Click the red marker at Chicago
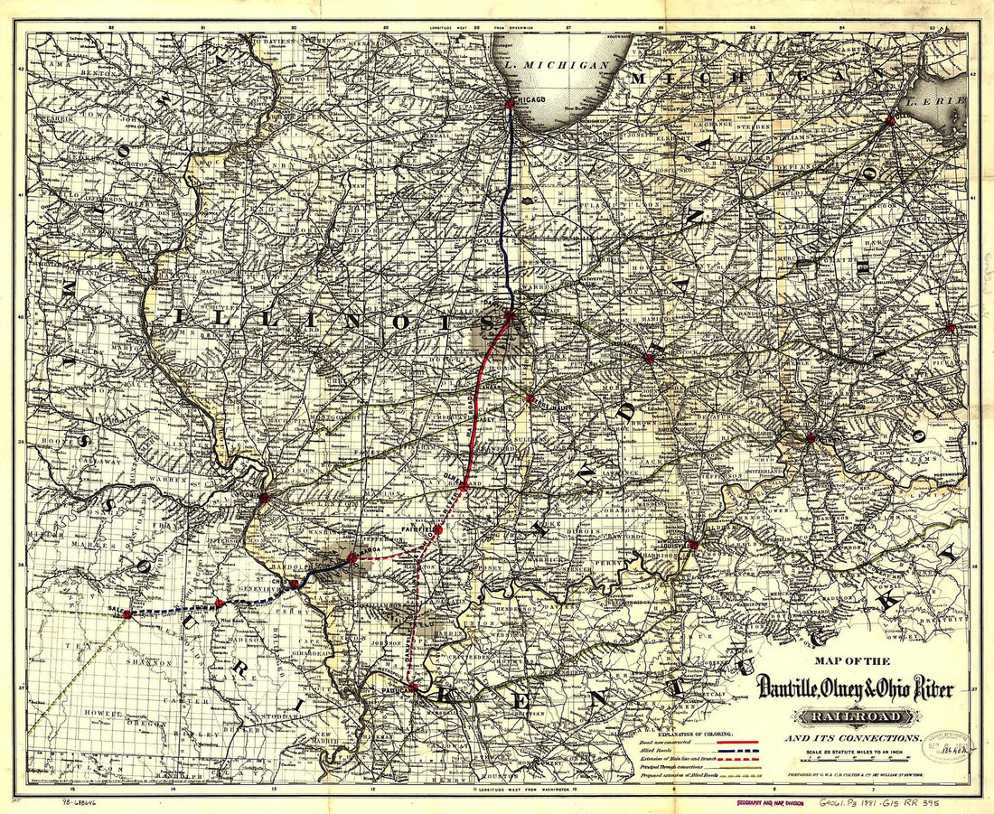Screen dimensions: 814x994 [510, 104]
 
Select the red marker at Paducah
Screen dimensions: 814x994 [413, 688]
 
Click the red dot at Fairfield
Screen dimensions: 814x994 [437, 529]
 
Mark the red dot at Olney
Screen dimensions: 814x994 [464, 486]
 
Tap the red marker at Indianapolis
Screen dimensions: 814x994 [648, 359]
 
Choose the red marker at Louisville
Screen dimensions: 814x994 [693, 545]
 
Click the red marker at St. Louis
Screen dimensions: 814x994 [264, 498]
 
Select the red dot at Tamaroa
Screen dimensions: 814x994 [352, 558]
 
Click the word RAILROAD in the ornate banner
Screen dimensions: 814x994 [852, 717]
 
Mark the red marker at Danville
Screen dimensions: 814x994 [511, 315]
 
